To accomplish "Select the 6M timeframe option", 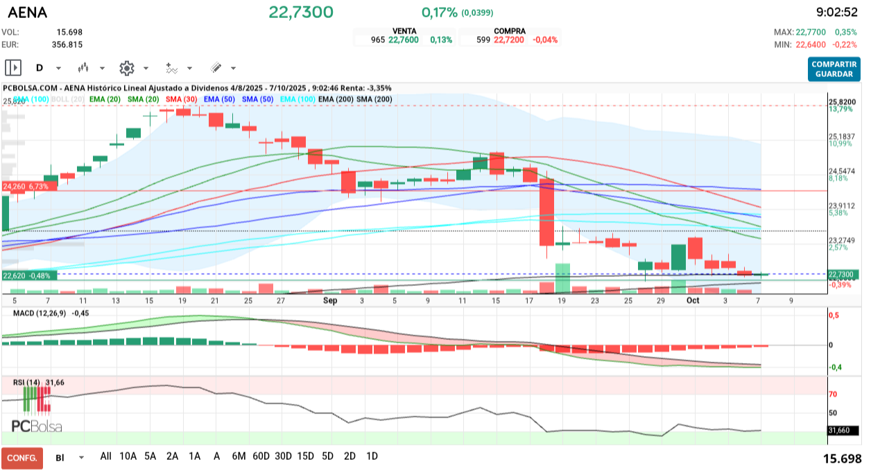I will point(239,456).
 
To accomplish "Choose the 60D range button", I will point(261,456).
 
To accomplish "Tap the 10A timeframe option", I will point(128,456).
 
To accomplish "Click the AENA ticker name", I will point(28,12).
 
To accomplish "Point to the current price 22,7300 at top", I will point(301,12).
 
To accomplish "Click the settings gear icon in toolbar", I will point(126,68).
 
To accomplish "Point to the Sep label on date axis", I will point(330,301).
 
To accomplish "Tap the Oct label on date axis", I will point(693,301).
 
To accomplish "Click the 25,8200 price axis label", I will point(842,102).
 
